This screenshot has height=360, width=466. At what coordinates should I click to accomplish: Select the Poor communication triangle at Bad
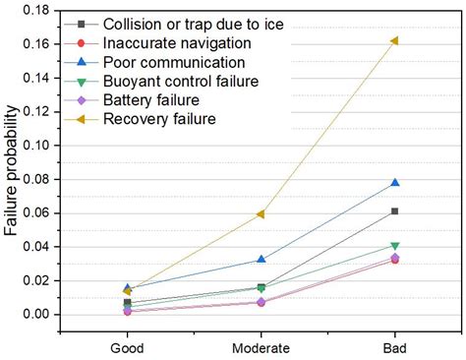pos(394,182)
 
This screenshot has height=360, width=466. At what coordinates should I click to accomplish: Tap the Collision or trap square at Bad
pos(394,211)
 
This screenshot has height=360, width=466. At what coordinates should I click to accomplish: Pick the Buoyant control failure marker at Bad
pos(394,246)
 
